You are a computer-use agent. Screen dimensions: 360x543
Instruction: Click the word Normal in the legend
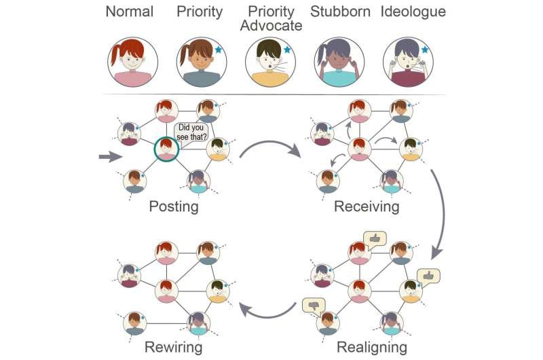(134, 12)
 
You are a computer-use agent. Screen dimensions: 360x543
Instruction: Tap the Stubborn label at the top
(338, 12)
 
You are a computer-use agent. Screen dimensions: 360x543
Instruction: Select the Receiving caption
(366, 206)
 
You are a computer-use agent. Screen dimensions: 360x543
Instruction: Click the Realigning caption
(371, 348)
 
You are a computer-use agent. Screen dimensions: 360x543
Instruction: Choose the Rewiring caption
(173, 348)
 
